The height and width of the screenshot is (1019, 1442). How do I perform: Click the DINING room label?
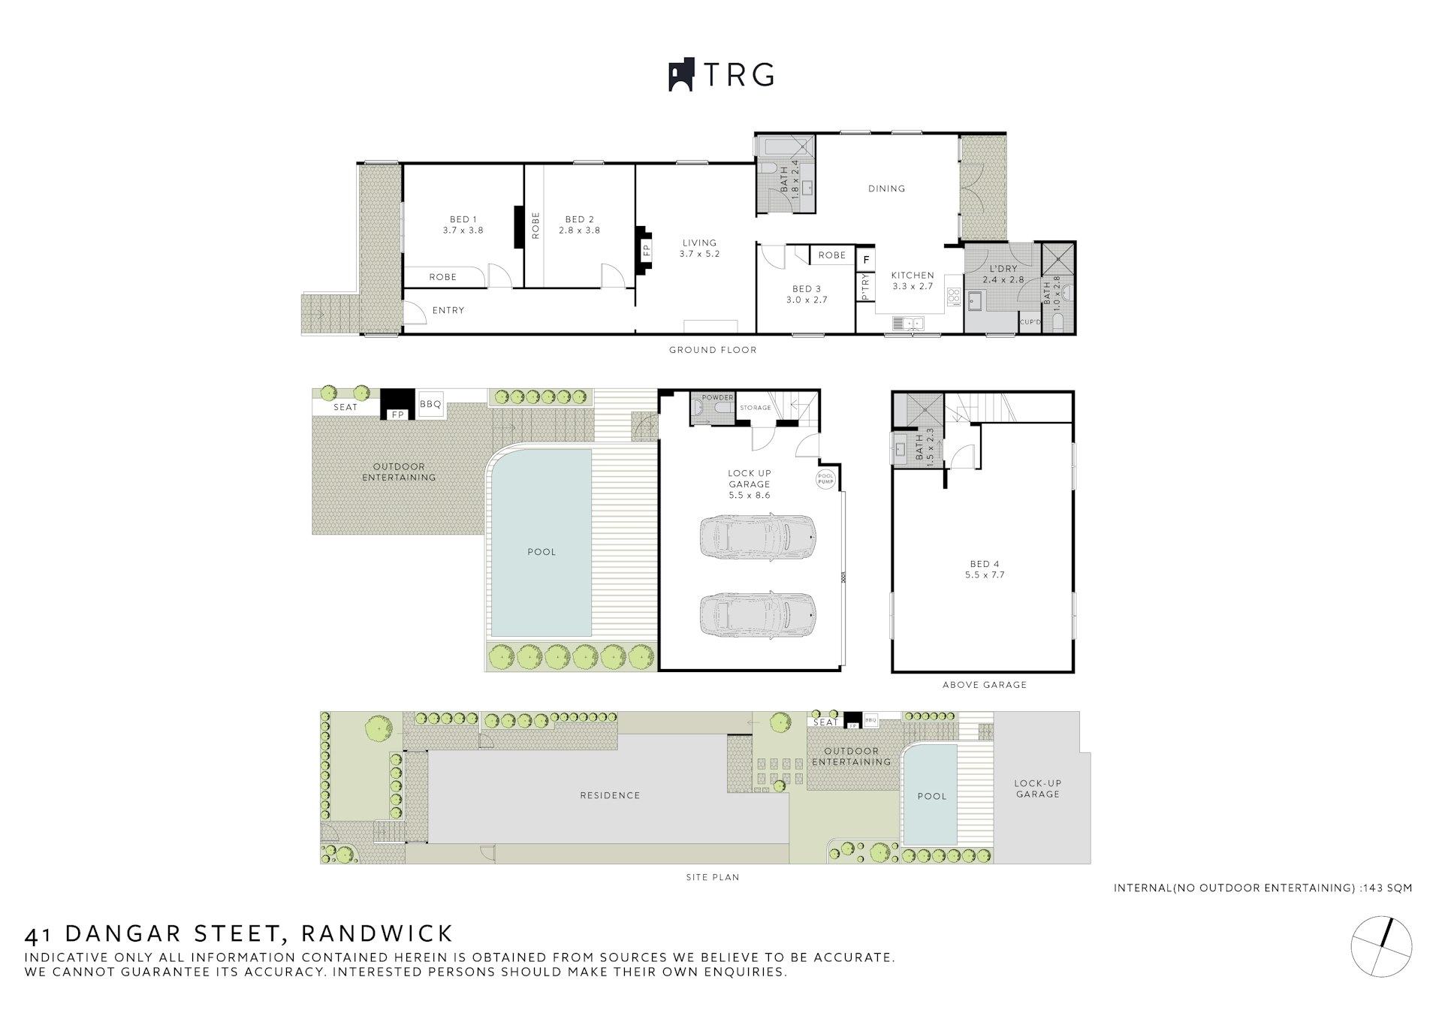[886, 188]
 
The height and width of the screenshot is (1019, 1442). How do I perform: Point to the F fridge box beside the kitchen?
[866, 260]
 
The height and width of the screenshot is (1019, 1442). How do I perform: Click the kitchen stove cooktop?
[954, 297]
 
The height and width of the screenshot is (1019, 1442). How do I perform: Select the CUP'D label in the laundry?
[1030, 322]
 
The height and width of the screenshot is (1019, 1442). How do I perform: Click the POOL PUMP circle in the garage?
[825, 479]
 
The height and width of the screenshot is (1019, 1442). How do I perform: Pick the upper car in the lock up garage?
[758, 536]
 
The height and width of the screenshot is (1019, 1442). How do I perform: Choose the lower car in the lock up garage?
[758, 615]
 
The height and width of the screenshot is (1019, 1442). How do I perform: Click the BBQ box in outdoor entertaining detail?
[430, 404]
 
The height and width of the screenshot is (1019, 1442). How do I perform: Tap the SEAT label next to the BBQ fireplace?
[345, 407]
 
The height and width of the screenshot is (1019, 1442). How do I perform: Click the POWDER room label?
[717, 398]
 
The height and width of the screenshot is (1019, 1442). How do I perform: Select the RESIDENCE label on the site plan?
[610, 795]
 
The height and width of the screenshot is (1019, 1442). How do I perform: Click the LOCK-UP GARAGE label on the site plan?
[1038, 788]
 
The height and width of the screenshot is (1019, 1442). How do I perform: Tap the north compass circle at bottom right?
[1381, 946]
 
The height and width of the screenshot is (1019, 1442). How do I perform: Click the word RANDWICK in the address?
[377, 933]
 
